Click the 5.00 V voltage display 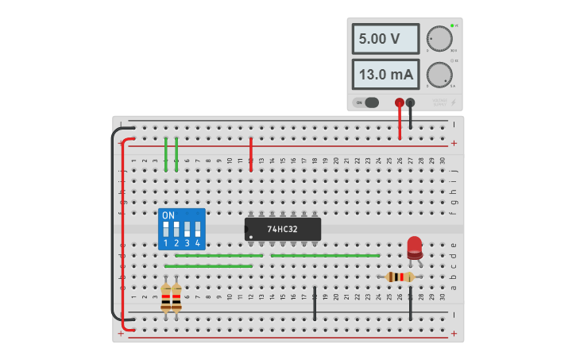[x=385, y=39]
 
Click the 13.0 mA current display [x=385, y=75]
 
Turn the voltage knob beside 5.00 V [x=439, y=39]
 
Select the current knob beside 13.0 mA [x=439, y=75]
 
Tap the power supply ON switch [x=366, y=103]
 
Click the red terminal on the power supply [x=400, y=103]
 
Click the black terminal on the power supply [x=410, y=103]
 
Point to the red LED [x=415, y=246]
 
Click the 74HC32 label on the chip [x=282, y=230]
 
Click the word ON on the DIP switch [x=168, y=215]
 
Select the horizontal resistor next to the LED [x=400, y=277]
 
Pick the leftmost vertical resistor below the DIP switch [x=165, y=298]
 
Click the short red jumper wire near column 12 [x=250, y=153]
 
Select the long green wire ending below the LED [x=325, y=255]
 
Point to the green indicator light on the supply [x=452, y=25]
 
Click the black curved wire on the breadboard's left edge [x=113, y=223]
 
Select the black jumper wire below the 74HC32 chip [x=315, y=304]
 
